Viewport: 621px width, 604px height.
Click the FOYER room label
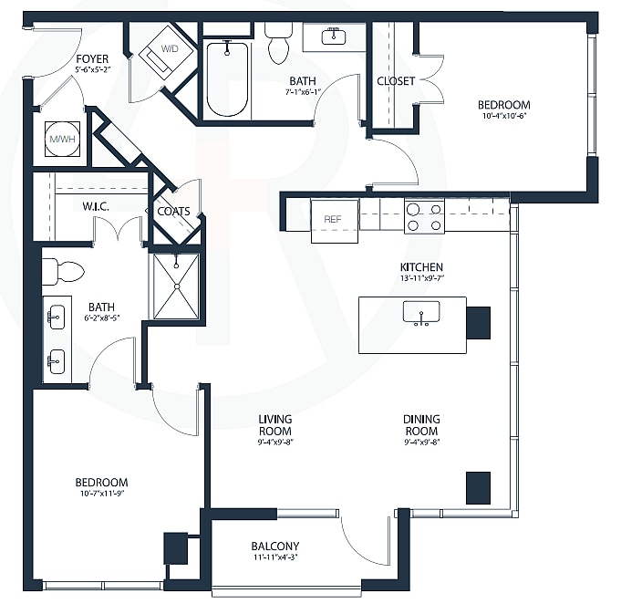pyautogui.click(x=93, y=59)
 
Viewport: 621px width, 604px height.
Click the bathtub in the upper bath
pyautogui.click(x=226, y=78)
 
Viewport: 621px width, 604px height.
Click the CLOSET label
pyautogui.click(x=396, y=81)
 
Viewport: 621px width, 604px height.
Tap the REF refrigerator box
pyautogui.click(x=335, y=220)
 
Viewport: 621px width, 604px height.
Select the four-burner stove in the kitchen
pyautogui.click(x=424, y=216)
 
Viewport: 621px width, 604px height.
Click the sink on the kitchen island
pyautogui.click(x=421, y=312)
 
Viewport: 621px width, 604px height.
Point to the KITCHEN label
pyautogui.click(x=420, y=266)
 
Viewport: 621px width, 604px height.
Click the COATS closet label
pyautogui.click(x=173, y=212)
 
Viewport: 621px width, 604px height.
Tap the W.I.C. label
pyautogui.click(x=96, y=206)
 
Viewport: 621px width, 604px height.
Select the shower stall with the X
pyautogui.click(x=176, y=286)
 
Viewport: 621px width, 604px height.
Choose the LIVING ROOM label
pyautogui.click(x=274, y=425)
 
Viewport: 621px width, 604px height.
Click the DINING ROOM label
pyautogui.click(x=421, y=425)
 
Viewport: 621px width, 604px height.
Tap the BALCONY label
pyautogui.click(x=274, y=547)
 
